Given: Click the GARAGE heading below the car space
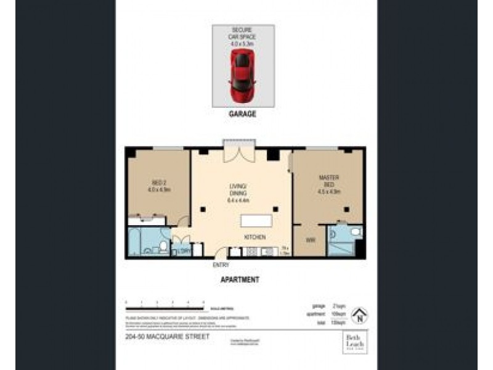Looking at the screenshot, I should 242,115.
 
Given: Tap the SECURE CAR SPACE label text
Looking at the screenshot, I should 243,34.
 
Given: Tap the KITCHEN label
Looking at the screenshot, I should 255,237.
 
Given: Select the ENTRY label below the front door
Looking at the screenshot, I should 221,265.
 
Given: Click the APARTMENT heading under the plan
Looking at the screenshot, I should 240,279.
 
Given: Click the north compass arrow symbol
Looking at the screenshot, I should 357,316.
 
